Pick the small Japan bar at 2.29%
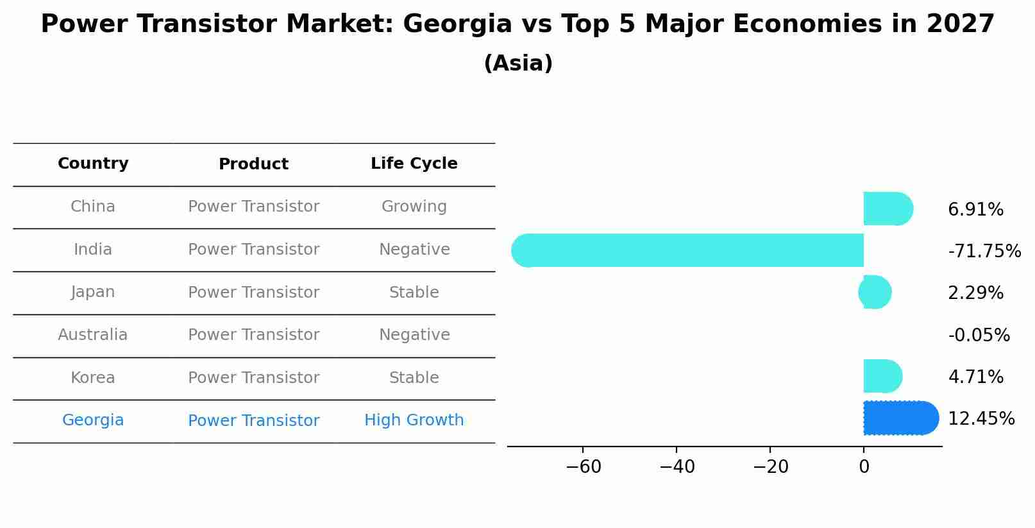875,292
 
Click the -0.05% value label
979,336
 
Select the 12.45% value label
980,419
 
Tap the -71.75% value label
984,251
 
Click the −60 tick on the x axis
583,467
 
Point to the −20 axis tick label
770,467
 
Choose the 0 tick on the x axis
864,467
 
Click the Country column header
93,164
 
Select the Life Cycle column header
414,164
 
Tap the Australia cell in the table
93,335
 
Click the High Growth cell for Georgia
414,420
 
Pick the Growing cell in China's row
414,207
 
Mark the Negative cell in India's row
414,250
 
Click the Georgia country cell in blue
93,420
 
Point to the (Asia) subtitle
517,64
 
